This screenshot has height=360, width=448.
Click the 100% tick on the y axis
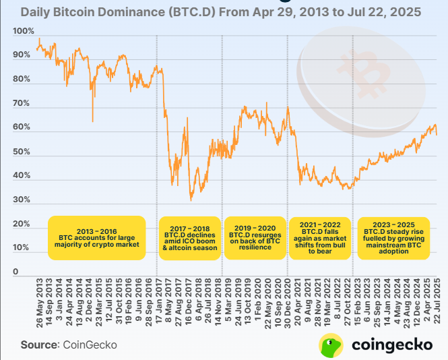tap(23, 31)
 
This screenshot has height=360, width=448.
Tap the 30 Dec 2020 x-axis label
tap(288, 301)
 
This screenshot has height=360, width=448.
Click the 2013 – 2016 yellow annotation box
tap(98, 238)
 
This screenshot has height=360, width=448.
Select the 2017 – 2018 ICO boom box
tap(189, 238)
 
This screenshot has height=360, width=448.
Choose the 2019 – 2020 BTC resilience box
tap(255, 238)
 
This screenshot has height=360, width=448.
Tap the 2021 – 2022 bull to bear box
tap(320, 238)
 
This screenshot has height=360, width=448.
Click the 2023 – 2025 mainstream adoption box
tap(393, 238)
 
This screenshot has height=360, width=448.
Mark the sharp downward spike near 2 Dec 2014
tap(92, 121)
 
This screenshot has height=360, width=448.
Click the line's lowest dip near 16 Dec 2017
tap(191, 200)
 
